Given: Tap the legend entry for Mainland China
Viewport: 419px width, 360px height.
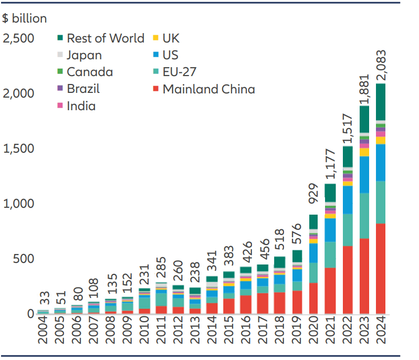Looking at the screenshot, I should click(208, 89).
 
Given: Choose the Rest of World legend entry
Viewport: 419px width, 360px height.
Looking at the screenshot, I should click(105, 38).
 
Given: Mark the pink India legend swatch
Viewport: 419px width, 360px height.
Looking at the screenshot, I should click(60, 106).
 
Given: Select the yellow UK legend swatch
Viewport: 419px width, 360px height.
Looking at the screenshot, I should click(155, 38).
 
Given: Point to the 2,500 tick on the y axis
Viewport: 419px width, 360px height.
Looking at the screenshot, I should click(19, 38).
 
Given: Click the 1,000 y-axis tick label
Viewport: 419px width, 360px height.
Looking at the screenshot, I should click(19, 204).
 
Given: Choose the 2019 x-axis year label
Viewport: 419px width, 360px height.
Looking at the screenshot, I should click(296, 334).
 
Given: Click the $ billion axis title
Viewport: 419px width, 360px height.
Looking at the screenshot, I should click(25, 18).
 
